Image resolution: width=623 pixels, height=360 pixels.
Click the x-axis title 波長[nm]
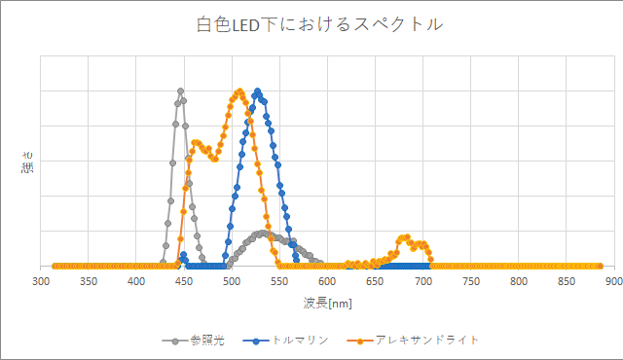tap(327, 304)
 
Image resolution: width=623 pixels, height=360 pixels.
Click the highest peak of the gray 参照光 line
tap(181, 91)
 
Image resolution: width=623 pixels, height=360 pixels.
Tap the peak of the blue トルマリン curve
tap(258, 91)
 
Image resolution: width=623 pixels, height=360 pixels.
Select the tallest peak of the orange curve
tap(238, 91)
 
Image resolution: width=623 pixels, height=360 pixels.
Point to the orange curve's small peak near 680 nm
tap(404, 237)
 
